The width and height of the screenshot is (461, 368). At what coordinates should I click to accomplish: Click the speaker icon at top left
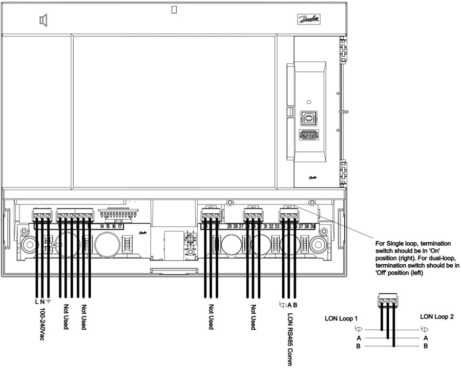pos(44,20)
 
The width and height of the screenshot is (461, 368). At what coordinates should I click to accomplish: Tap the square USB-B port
pos(309,119)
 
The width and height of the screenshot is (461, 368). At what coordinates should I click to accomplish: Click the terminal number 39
pos(312,226)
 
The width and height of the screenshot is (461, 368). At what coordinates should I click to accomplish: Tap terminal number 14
pos(102,226)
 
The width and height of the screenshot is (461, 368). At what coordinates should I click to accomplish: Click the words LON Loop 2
pos(436,316)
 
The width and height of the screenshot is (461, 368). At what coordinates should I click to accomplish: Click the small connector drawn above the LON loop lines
pos(387,301)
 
